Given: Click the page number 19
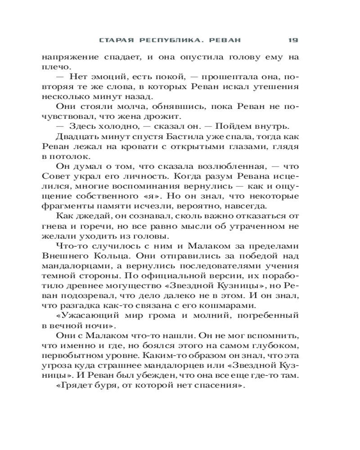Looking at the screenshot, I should (293, 40).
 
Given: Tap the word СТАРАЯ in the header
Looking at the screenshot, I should (117, 40).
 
